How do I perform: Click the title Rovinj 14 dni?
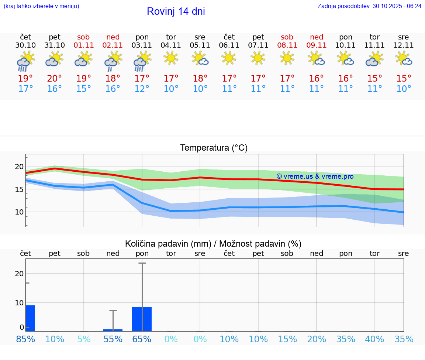click(176, 11)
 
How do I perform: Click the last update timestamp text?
click(369, 6)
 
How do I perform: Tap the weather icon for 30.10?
click(25, 61)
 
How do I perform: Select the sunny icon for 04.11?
click(171, 58)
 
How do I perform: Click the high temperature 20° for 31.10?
click(55, 79)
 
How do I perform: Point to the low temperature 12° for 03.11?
click(142, 89)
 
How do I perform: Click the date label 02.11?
click(113, 45)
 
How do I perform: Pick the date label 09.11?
click(317, 45)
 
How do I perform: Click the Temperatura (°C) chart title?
click(214, 148)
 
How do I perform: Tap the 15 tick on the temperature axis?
click(19, 189)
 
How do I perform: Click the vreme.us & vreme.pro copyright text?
click(315, 176)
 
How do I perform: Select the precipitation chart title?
click(213, 244)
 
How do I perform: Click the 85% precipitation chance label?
click(25, 339)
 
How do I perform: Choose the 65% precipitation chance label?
click(142, 339)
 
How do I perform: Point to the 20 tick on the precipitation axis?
click(19, 274)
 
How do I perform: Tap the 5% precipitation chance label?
click(84, 339)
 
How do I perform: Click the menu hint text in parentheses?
click(41, 6)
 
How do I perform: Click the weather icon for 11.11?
click(374, 59)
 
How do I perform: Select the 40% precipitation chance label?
click(374, 339)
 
